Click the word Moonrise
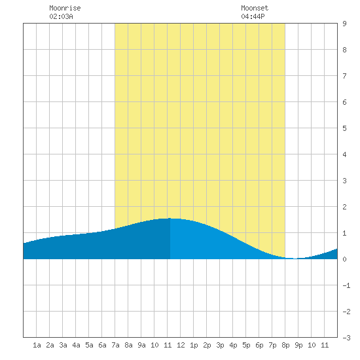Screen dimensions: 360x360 (65, 8)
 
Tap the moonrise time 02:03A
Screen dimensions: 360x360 (61, 16)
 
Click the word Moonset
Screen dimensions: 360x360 (255, 8)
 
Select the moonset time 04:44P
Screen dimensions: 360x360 (253, 16)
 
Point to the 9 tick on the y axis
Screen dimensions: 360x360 (344, 24)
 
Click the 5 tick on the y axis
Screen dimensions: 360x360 (344, 128)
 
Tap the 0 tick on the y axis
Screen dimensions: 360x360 (344, 259)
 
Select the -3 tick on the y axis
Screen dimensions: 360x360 (346, 338)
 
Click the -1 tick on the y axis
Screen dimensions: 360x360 (346, 285)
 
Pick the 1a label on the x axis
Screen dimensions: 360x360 (37, 345)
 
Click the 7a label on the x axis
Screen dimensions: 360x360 (115, 345)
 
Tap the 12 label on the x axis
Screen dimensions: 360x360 (181, 345)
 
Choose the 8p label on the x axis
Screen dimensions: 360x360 (285, 345)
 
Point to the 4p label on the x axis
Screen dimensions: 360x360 (233, 345)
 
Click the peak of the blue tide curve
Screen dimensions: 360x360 (170, 218)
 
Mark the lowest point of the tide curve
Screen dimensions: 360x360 (295, 259)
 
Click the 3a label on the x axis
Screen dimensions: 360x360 (63, 345)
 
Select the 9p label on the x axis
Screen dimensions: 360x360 (298, 345)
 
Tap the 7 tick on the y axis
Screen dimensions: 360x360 (344, 76)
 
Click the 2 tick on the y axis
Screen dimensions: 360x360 (344, 207)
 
